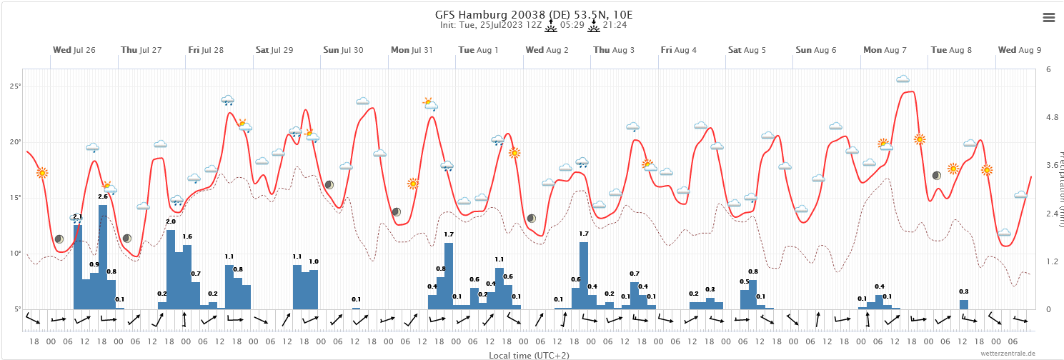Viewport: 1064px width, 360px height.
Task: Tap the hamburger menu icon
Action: click(x=1049, y=18)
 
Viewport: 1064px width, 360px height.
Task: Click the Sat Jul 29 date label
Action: click(x=274, y=50)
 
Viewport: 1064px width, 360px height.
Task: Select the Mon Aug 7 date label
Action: click(x=885, y=50)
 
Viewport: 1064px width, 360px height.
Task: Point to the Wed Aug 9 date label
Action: click(x=1020, y=50)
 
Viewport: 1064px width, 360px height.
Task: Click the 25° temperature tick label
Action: click(x=14, y=86)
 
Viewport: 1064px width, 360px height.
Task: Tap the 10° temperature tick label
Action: click(x=14, y=254)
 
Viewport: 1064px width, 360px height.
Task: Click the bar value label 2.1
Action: click(x=78, y=216)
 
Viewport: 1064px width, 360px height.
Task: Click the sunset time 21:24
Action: click(x=615, y=25)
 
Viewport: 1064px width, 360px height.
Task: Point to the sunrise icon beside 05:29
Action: click(x=550, y=26)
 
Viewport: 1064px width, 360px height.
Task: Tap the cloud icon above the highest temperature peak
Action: click(x=903, y=79)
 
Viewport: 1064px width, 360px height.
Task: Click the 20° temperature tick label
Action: click(x=14, y=142)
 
